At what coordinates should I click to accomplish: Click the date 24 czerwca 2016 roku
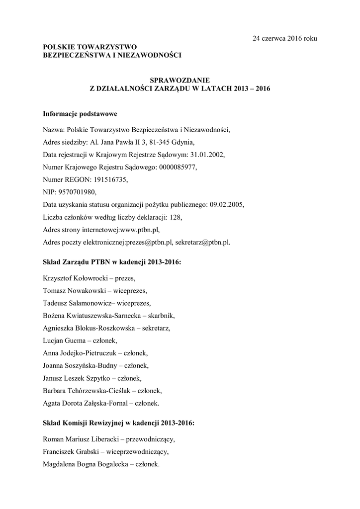284,38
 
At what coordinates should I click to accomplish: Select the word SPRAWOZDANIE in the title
180,80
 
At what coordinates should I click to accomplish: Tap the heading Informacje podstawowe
80,113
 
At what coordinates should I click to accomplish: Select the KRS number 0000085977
178,168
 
